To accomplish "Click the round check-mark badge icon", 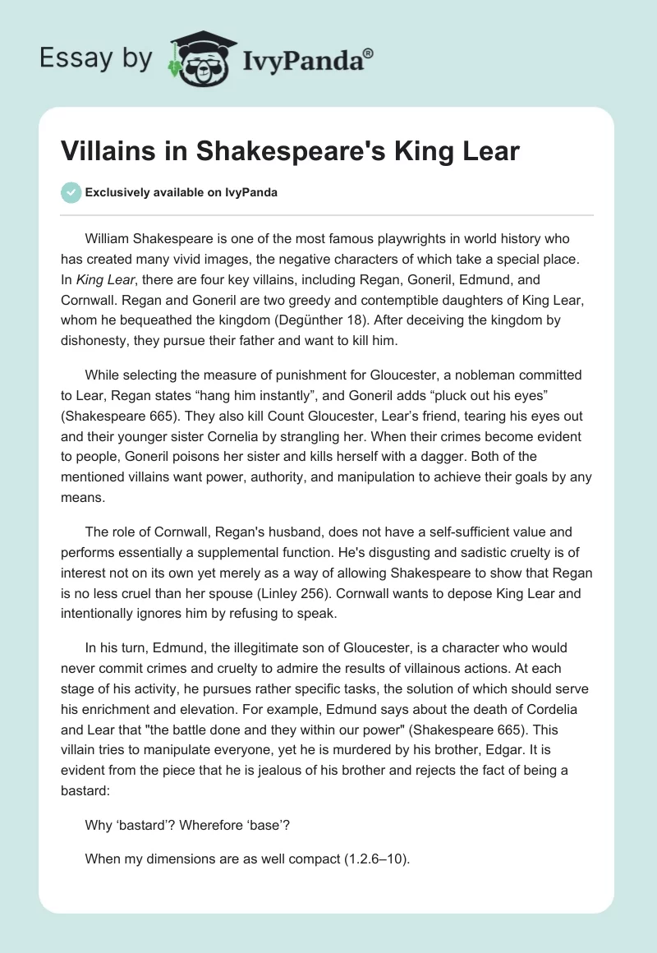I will point(72,192).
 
